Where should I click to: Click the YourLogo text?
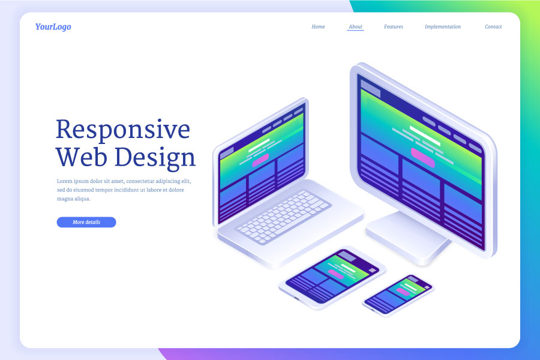[x=53, y=27]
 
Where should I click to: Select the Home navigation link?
[x=318, y=27]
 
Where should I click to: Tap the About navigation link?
[x=355, y=27]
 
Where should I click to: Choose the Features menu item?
[x=394, y=27]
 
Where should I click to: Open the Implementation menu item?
[x=443, y=27]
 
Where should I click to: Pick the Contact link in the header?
[x=493, y=27]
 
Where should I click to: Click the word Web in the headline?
[x=82, y=158]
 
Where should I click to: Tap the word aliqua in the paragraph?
[x=81, y=199]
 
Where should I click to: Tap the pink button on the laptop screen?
[x=260, y=161]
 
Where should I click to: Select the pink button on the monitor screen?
[x=423, y=157]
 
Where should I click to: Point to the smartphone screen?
[x=398, y=294]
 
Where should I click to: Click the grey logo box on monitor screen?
[x=370, y=90]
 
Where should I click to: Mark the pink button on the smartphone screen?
[x=403, y=293]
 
